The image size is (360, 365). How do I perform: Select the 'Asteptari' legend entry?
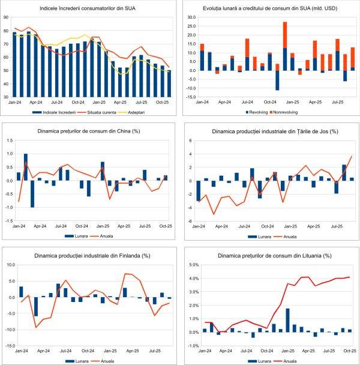tap(149, 111)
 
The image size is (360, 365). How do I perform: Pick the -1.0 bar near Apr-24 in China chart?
tap(32, 193)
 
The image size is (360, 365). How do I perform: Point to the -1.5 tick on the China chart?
tap(8, 221)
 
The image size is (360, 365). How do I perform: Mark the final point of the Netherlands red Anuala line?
tap(352, 157)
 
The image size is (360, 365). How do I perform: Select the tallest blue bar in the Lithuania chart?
tap(287, 320)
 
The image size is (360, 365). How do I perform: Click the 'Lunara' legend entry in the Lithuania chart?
tap(254, 360)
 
